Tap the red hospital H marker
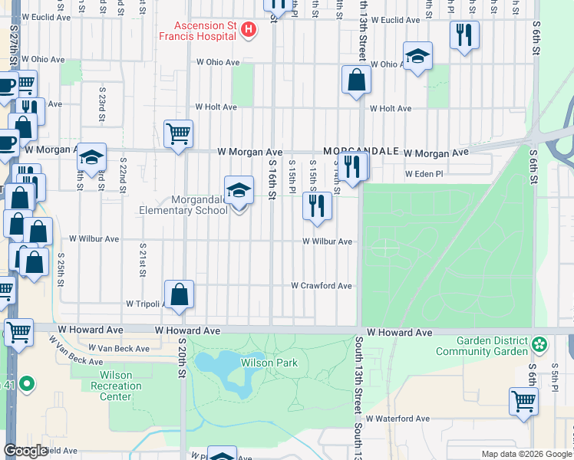(249, 31)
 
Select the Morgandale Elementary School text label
(183, 205)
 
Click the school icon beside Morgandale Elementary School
(239, 191)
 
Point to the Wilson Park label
(263, 363)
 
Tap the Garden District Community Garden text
(482, 347)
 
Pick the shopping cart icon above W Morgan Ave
(178, 135)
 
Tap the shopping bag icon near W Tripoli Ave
(179, 295)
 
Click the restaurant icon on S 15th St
(317, 205)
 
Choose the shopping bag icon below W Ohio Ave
(357, 80)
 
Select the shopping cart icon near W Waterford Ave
(523, 401)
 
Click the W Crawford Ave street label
(321, 286)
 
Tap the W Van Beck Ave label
(119, 348)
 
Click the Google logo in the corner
(25, 451)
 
